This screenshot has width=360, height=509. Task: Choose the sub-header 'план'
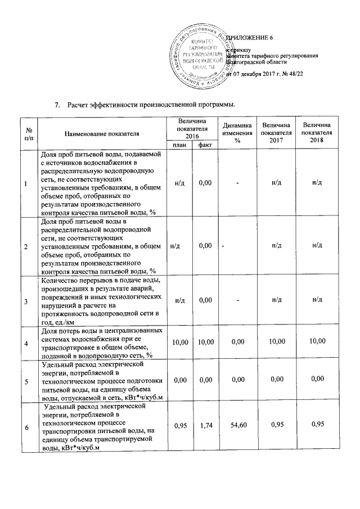coord(180,145)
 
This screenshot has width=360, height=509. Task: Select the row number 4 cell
coord(25,343)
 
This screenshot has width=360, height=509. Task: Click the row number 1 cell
coord(25,182)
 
